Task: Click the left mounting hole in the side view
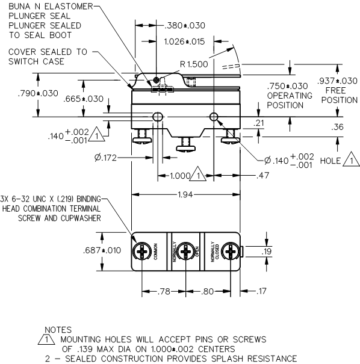click(158, 116)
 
